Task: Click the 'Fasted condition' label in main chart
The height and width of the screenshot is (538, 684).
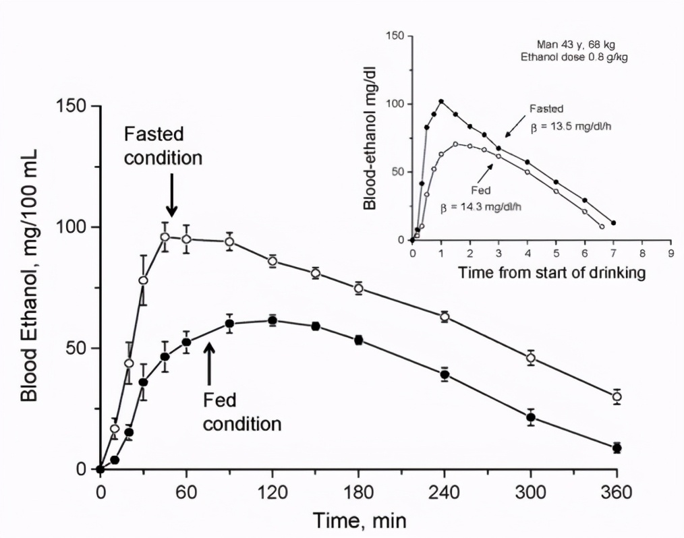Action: (x=163, y=146)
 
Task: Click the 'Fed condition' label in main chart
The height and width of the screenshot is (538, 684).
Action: (x=241, y=413)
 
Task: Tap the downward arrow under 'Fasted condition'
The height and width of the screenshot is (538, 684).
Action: (x=171, y=195)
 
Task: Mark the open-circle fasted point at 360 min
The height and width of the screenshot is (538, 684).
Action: (x=617, y=396)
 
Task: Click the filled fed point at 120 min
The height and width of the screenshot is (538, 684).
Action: (x=273, y=320)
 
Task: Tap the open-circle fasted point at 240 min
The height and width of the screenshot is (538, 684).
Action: (x=445, y=317)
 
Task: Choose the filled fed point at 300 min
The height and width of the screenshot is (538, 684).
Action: (x=531, y=417)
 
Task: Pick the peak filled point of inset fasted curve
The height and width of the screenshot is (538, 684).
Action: (x=441, y=102)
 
